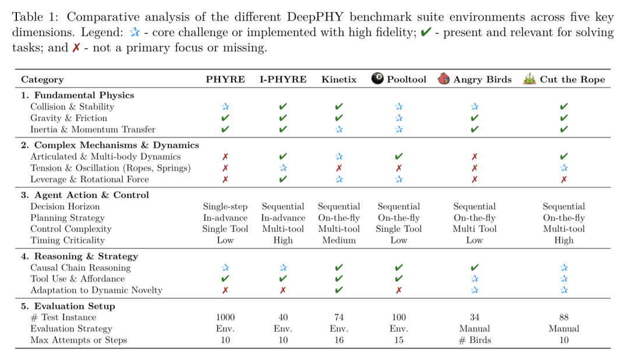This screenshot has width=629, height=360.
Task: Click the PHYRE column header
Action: (225, 79)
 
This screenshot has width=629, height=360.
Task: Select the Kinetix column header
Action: (339, 79)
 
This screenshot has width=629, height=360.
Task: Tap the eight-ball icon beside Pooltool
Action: (378, 79)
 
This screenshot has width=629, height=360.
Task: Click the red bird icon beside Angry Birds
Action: (444, 79)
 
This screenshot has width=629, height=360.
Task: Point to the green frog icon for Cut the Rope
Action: (529, 79)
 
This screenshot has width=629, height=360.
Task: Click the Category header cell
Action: (42, 79)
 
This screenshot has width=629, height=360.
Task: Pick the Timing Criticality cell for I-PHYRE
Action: (282, 240)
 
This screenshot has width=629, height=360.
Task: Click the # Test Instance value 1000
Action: (225, 317)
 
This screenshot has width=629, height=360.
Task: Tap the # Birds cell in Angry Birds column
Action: (474, 340)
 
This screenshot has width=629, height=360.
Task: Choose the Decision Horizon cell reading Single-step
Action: (225, 206)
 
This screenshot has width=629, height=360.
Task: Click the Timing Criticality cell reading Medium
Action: (339, 240)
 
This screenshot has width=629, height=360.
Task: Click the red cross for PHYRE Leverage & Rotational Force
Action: (225, 179)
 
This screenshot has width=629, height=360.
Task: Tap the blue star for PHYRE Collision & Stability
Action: (225, 107)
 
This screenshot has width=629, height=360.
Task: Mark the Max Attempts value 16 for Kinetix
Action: (339, 340)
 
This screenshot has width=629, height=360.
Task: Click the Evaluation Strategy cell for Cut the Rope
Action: (563, 329)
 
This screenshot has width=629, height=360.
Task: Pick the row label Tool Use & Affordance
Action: (77, 279)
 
